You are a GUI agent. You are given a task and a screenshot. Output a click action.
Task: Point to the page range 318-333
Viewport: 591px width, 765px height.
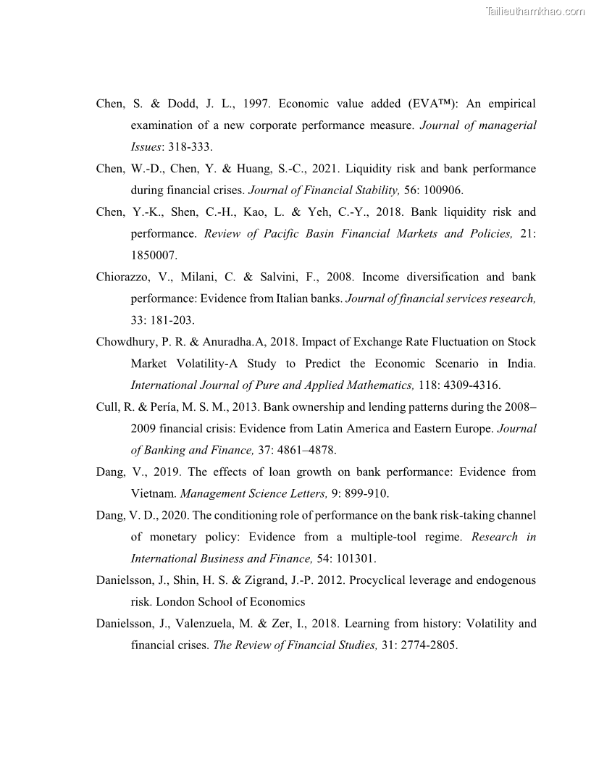pos(190,147)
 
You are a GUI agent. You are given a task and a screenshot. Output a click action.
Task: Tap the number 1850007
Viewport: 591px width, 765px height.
pos(154,256)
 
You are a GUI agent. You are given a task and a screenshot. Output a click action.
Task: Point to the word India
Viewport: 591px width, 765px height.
pos(521,364)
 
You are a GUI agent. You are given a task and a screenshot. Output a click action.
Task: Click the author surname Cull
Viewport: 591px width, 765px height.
pos(108,407)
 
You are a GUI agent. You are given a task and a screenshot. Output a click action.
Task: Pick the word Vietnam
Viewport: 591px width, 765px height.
pos(152,494)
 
